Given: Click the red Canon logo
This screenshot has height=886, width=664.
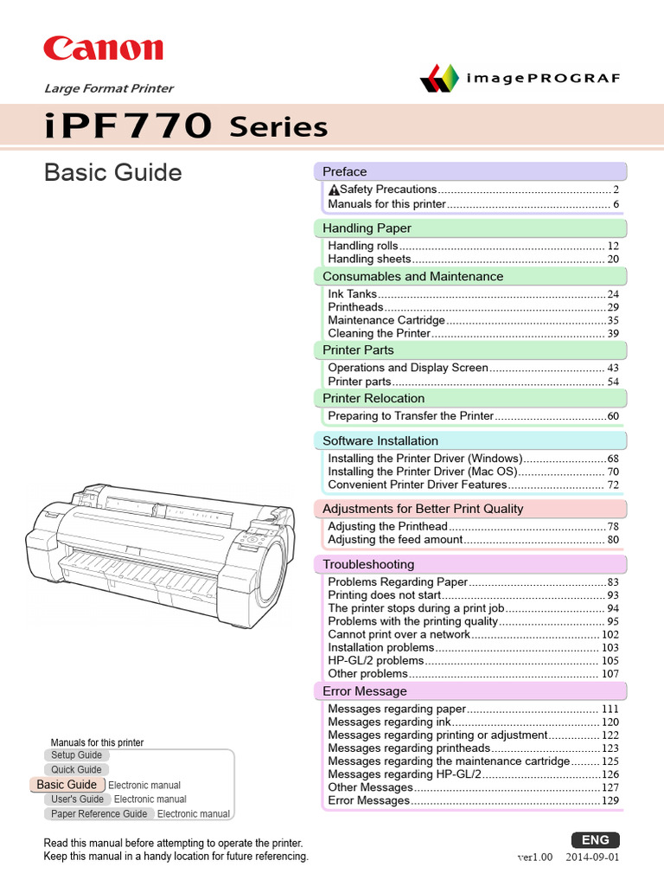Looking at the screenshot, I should [103, 48].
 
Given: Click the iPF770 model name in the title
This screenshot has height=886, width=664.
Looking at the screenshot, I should [128, 127].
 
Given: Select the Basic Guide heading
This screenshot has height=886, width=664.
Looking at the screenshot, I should [112, 172].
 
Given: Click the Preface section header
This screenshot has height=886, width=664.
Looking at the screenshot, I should [345, 171].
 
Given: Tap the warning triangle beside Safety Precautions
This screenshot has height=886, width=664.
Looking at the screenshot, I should [333, 189].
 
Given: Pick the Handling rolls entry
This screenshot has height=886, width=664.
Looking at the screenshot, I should [363, 246].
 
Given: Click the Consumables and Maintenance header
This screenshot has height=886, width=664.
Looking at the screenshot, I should [412, 276].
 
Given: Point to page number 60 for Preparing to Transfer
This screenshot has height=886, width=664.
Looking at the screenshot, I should [613, 416].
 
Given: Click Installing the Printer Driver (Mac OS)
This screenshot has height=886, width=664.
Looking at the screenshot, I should [422, 472].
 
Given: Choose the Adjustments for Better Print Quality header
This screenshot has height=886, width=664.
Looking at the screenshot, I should [423, 509].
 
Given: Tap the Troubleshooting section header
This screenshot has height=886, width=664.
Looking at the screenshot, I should [368, 564].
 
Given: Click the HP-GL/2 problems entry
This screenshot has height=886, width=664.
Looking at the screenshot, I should [375, 660].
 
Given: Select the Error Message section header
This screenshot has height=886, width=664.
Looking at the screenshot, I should [364, 690].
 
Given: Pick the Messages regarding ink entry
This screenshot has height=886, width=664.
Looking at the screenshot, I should [389, 722].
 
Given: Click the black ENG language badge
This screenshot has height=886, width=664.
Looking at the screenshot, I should [596, 839].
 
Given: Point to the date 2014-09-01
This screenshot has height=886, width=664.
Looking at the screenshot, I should [592, 857].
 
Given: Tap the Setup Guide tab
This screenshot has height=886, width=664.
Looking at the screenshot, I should [76, 755].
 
